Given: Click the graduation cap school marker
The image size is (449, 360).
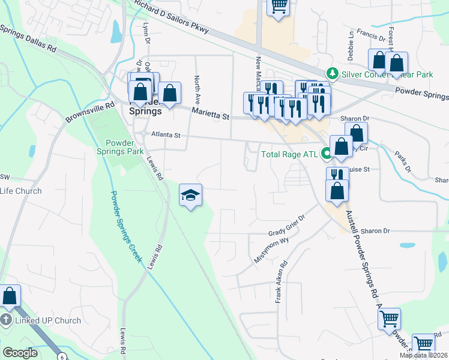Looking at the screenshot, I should pyautogui.click(x=191, y=196).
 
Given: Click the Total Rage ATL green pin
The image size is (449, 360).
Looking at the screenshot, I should pyautogui.click(x=327, y=154).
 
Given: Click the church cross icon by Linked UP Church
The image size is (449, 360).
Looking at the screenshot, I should pyautogui.click(x=6, y=320).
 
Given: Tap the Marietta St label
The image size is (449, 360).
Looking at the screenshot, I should pyautogui.click(x=211, y=113).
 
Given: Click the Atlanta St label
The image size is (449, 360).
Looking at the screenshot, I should pyautogui.click(x=166, y=136).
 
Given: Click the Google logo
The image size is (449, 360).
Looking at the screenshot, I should pyautogui.click(x=20, y=353).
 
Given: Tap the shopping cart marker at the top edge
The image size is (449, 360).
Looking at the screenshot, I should pyautogui.click(x=279, y=7).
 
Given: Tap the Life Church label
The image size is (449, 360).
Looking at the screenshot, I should pyautogui.click(x=21, y=191).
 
